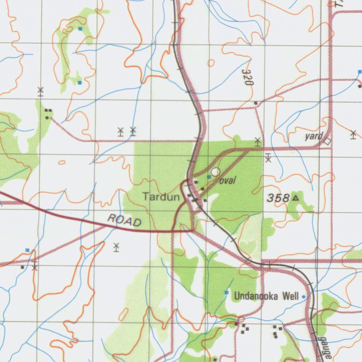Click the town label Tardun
point(161,197)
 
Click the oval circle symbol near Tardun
point(216,172)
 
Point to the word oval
point(228,181)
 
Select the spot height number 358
point(278,198)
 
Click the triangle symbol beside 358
point(296,198)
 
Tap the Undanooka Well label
point(267,296)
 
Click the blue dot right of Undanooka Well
point(304,297)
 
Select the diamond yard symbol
point(328,141)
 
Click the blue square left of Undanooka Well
point(227,292)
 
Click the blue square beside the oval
point(209,176)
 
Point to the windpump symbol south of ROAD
point(116,247)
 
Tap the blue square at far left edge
point(27,250)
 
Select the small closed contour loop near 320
point(211,63)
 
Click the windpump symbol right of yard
point(353,134)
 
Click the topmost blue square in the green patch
point(80,28)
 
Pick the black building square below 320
point(256,103)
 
